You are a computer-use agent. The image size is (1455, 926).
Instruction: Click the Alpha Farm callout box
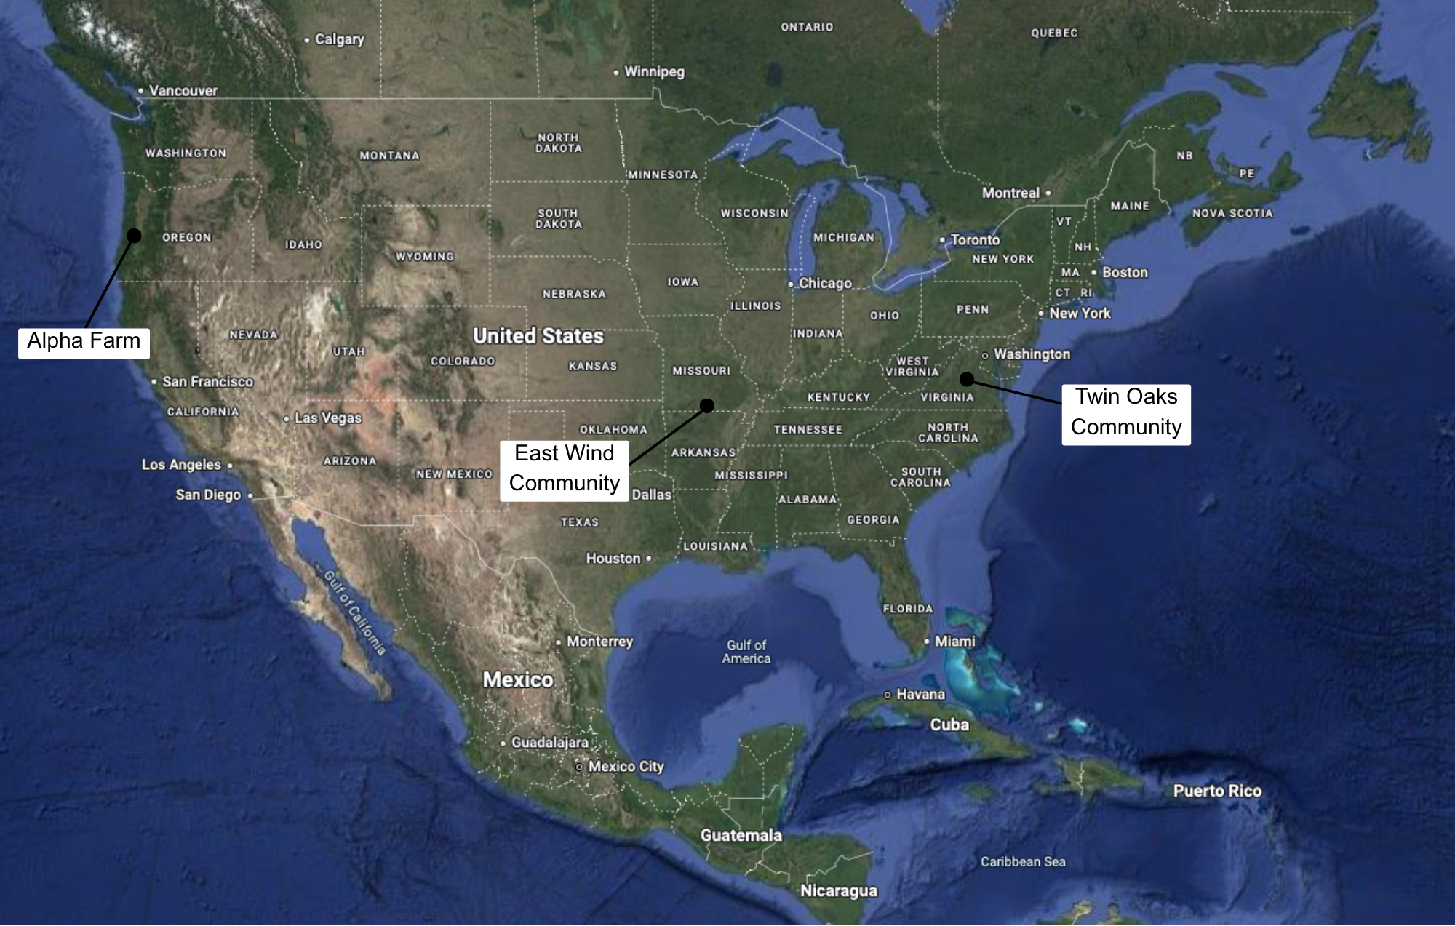coord(84,342)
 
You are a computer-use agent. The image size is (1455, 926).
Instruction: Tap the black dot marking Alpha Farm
coord(134,235)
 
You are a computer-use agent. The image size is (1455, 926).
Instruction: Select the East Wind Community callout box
coord(564,468)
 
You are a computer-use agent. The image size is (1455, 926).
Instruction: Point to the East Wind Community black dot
coord(707,405)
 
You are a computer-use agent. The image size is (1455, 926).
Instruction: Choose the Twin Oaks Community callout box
coord(1125,412)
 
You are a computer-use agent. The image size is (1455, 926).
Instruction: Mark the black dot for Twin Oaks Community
coord(967,379)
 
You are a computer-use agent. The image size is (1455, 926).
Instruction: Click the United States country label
coord(538,336)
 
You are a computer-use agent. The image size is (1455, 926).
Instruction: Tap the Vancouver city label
coord(183,91)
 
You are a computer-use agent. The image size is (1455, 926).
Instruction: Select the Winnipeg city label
coord(654,72)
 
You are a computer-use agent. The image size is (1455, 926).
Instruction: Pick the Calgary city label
coord(339,39)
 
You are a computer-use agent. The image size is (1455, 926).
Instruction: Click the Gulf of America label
coord(746,652)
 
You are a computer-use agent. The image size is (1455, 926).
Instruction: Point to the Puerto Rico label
coord(1217,791)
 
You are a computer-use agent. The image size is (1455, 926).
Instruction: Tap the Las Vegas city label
coord(327,418)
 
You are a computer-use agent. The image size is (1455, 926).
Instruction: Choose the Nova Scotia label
coord(1232,213)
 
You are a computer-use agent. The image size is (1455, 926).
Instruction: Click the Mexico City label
coord(626,767)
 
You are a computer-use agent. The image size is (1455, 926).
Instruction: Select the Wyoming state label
coord(425,257)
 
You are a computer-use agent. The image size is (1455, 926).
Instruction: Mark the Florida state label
coord(907,609)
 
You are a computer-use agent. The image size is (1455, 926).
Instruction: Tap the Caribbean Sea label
coord(1023,862)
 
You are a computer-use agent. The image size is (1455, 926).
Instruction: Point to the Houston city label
coord(613,559)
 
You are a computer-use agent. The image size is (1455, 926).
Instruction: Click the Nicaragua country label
coord(839,891)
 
